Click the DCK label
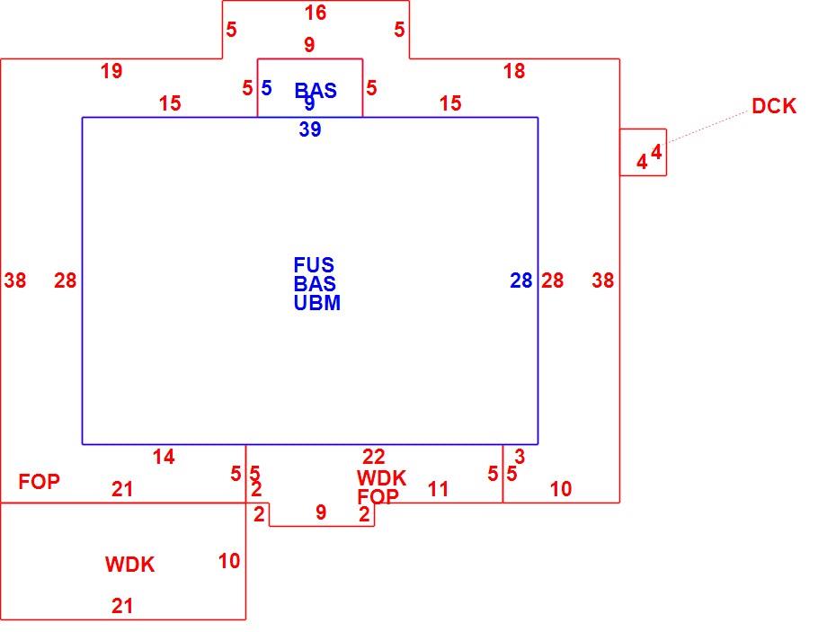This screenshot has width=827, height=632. (774, 106)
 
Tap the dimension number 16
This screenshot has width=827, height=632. (316, 13)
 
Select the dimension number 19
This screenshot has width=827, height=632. (111, 71)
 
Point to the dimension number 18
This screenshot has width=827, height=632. (514, 71)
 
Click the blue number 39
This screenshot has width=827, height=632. (310, 129)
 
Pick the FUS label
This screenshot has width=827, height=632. (314, 264)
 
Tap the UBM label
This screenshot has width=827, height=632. (317, 303)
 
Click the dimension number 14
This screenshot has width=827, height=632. (164, 457)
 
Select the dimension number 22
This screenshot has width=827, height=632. (373, 457)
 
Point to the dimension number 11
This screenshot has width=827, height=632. (438, 490)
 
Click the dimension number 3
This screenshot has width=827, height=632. (520, 457)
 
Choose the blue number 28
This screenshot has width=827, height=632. (521, 280)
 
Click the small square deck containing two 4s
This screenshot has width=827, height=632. (643, 152)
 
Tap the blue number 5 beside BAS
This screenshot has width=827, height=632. (266, 88)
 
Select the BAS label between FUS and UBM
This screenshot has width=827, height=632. (315, 284)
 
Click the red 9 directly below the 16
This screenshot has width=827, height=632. (309, 45)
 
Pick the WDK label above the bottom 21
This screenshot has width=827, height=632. (129, 565)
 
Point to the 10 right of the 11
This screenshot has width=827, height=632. (561, 490)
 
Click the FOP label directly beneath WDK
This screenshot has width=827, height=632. (378, 496)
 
